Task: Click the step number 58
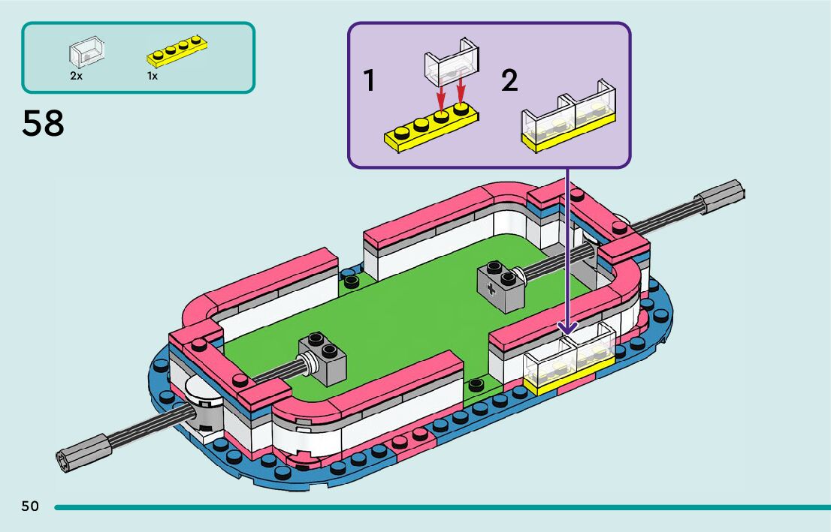point(44,124)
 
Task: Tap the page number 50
point(30,506)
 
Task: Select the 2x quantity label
point(76,76)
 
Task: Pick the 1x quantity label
point(153,76)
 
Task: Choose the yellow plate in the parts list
point(177,51)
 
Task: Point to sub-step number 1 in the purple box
point(369,80)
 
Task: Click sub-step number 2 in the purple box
point(509,80)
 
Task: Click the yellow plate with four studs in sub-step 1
point(431,129)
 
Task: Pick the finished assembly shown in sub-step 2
point(568,120)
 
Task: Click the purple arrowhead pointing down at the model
point(567,327)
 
